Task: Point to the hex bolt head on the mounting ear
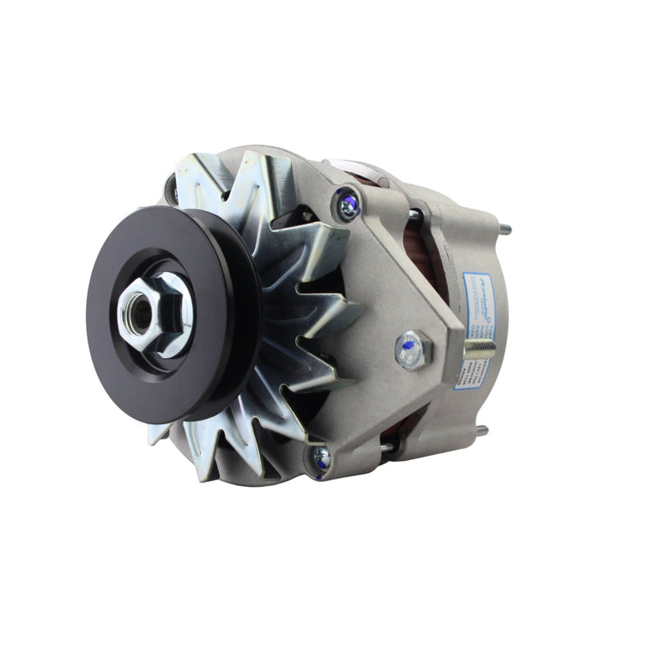(413, 351)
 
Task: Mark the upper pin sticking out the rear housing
(502, 230)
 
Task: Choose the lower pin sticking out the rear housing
(482, 430)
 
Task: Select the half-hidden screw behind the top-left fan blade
(174, 194)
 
